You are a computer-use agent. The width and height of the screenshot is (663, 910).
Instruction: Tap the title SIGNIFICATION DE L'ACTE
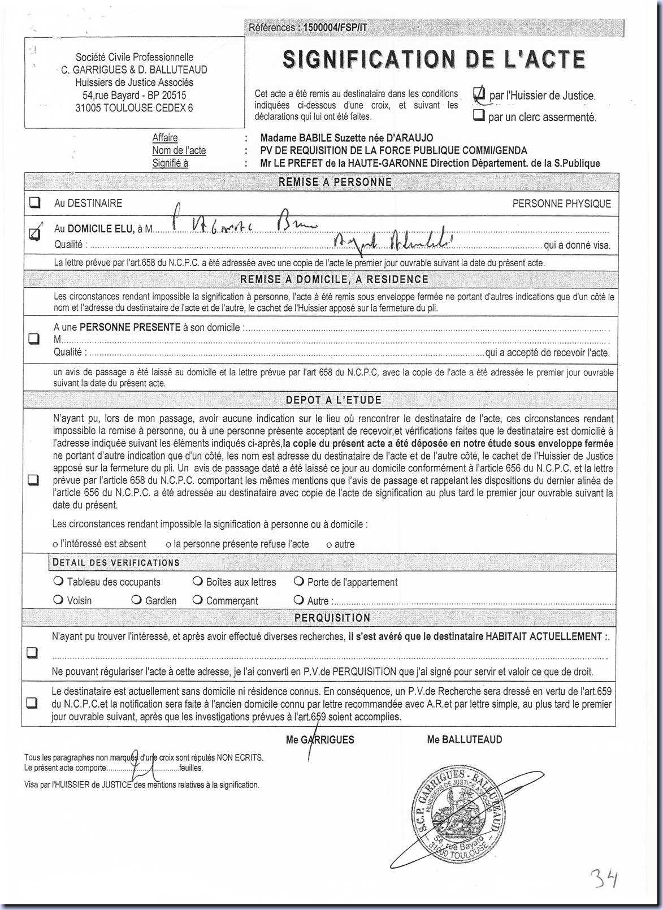click(434, 59)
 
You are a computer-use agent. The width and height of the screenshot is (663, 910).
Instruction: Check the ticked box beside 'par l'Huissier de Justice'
click(479, 94)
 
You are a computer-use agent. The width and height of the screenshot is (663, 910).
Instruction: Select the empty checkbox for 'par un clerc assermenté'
click(479, 116)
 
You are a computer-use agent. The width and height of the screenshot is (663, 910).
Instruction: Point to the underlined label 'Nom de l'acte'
click(179, 150)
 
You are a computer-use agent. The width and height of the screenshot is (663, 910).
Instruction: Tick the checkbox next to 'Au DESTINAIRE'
click(34, 202)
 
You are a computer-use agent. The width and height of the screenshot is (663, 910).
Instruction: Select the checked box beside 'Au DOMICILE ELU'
click(34, 232)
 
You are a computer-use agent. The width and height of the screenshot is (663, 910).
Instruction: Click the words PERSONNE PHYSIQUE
click(561, 203)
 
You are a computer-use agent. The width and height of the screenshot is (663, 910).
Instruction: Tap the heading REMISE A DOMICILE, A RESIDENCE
click(334, 279)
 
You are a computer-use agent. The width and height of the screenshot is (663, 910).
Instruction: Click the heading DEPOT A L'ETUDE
click(333, 400)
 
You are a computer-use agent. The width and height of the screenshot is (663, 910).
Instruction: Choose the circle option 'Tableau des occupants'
click(58, 581)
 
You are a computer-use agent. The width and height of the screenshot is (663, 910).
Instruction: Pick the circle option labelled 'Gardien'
click(136, 600)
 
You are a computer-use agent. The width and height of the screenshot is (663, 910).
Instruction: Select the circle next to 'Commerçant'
click(197, 600)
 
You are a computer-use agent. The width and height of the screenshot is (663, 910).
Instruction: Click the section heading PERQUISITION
click(332, 618)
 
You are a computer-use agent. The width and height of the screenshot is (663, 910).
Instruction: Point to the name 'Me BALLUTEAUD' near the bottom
click(464, 739)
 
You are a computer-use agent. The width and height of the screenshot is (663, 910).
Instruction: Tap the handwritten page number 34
click(604, 879)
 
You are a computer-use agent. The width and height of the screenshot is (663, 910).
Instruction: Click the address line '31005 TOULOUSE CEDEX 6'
click(134, 107)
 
